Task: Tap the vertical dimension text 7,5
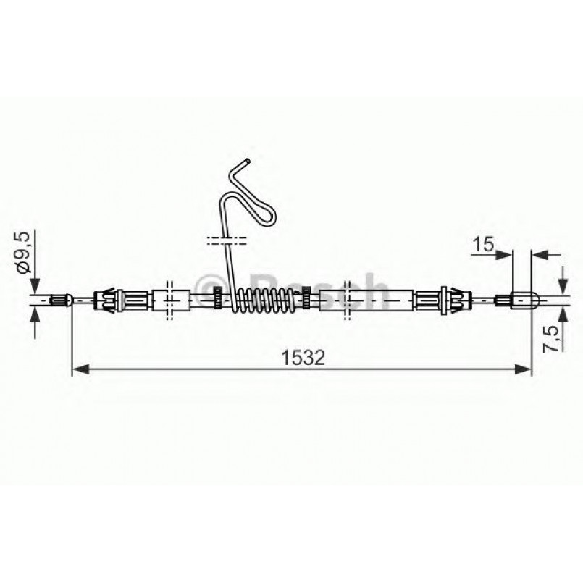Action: [x=554, y=337]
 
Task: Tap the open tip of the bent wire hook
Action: [x=248, y=160]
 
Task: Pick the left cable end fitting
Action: [x=62, y=298]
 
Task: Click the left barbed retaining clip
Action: [x=108, y=298]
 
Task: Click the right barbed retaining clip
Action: [x=453, y=297]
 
